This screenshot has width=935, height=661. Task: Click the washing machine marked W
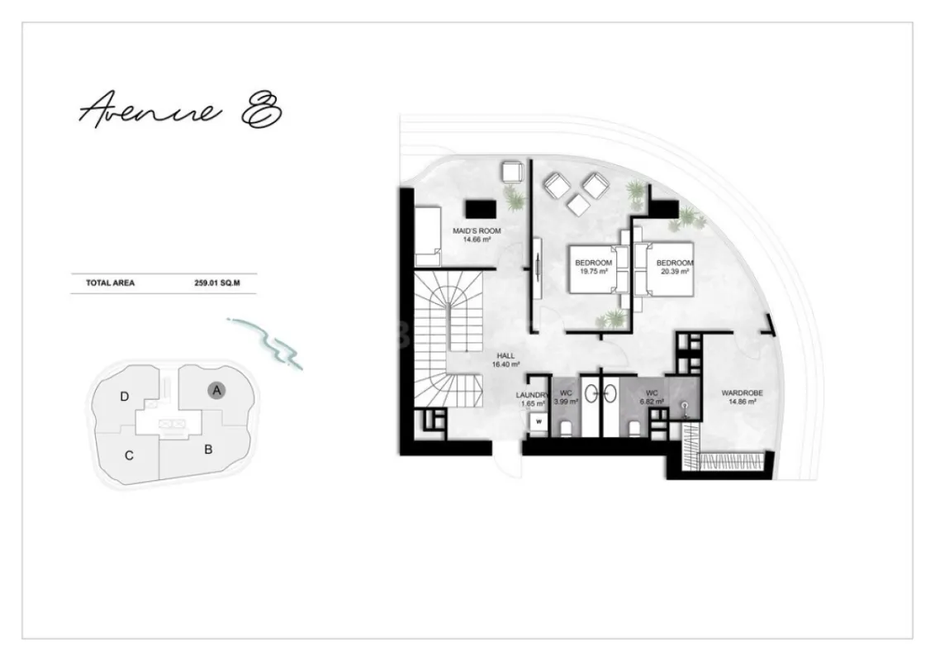coord(539,421)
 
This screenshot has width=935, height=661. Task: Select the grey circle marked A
coord(216,390)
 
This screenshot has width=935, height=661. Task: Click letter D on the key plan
coord(124,397)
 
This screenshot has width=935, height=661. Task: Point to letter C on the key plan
coord(130,455)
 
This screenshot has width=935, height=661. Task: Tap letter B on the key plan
coord(209,450)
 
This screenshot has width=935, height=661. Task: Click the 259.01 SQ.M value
coord(216,283)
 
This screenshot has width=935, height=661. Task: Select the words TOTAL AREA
coord(110,283)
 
